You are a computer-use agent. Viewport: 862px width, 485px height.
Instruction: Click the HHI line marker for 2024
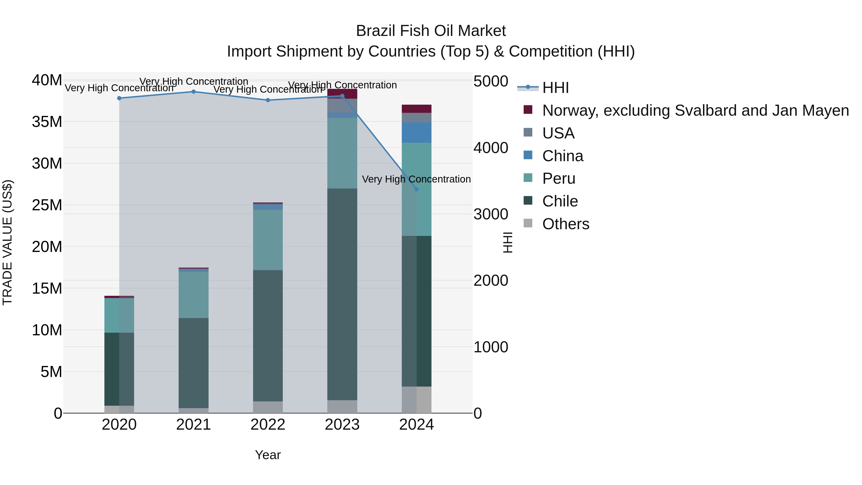[416, 189]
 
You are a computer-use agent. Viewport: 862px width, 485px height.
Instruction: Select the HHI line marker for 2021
[193, 92]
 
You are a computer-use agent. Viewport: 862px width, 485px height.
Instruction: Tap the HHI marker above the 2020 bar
[119, 98]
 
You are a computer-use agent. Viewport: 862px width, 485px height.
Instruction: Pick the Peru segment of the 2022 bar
[268, 240]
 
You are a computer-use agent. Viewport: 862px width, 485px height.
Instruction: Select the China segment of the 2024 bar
[416, 132]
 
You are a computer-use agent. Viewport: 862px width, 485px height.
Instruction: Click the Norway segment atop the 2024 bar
[416, 109]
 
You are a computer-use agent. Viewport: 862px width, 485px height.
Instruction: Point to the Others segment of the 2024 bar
[416, 400]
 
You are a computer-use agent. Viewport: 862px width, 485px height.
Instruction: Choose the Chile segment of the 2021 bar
[193, 363]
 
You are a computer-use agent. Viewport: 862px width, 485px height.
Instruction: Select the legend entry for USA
[558, 133]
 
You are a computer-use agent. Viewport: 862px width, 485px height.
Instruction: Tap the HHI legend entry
[556, 88]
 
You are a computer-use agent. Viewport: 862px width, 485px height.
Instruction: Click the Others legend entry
[566, 224]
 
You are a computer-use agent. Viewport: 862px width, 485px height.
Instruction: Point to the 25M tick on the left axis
[47, 205]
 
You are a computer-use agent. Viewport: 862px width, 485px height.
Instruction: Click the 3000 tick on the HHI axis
[491, 214]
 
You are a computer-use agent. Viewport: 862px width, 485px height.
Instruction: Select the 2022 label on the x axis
[268, 425]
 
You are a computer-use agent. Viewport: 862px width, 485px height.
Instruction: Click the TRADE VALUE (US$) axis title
[7, 242]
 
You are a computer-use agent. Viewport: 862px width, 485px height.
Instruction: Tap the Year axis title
[268, 455]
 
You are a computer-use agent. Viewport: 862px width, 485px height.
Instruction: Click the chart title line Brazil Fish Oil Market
[431, 31]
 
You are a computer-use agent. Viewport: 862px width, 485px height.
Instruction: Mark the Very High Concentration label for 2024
[416, 179]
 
